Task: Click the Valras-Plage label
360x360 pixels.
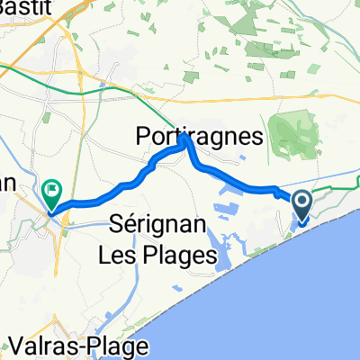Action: [67, 346]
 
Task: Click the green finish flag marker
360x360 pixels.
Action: [52, 192]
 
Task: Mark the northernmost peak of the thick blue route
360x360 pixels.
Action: [184, 139]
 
